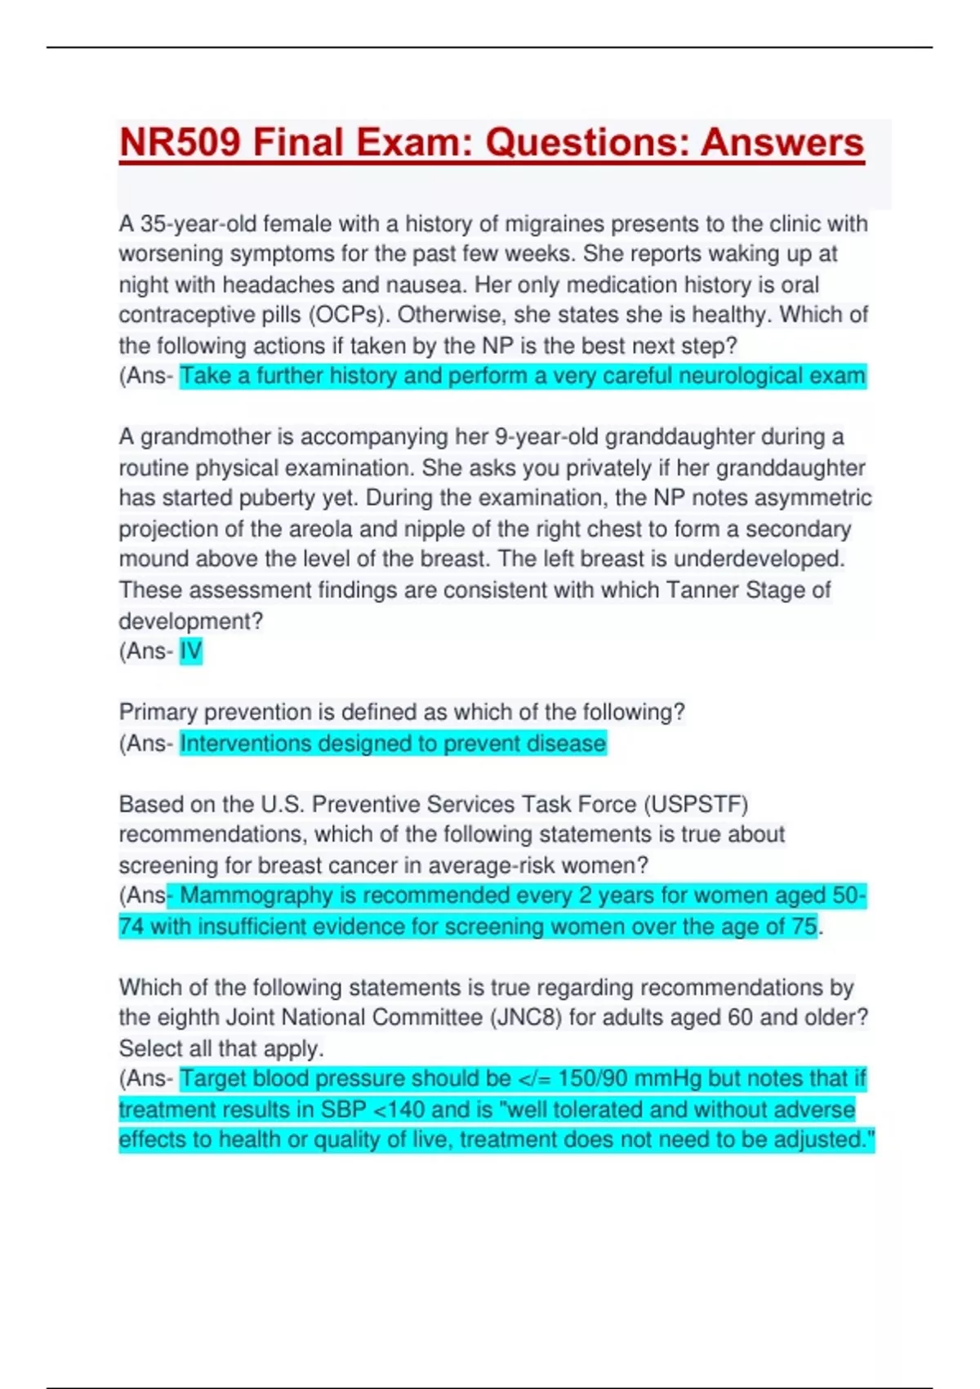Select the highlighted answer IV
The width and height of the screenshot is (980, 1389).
click(x=190, y=651)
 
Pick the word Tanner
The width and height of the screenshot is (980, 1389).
click(x=702, y=590)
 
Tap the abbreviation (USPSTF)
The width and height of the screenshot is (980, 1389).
click(x=695, y=805)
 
